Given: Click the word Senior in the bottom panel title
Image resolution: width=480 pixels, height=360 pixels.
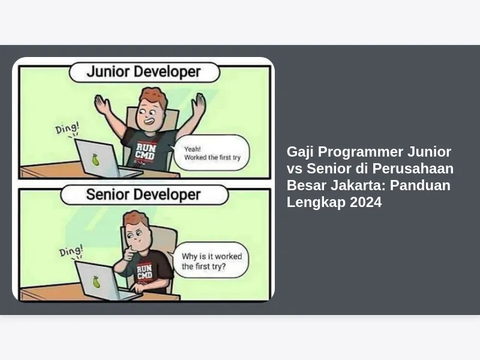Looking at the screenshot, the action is coord(107,194).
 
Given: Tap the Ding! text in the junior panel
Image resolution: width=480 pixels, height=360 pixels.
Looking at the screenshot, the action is coord(67,128).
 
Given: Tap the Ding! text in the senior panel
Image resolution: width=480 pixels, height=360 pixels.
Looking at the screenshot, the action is coord(71,251).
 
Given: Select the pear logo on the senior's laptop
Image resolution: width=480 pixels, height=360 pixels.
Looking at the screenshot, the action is coord(97,281).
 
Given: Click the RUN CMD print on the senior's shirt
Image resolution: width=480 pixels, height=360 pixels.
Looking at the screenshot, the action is coord(144,272).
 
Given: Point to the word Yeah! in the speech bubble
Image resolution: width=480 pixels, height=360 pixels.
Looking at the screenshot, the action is coord(192,149).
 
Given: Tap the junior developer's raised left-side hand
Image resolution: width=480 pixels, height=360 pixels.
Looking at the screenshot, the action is coord(102,104).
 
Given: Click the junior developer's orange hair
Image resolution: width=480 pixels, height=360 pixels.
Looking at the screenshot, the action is coord(154,97).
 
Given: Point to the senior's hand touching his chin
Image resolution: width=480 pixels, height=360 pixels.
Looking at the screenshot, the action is coord(128,253).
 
